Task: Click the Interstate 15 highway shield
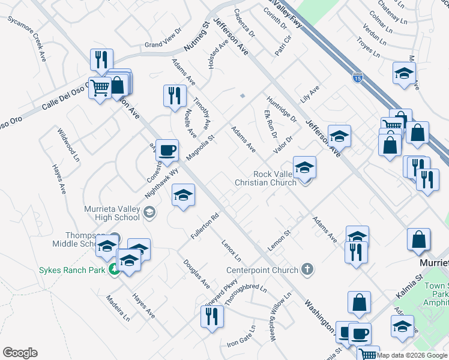click(x=357, y=77)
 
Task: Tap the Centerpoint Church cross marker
click(x=307, y=269)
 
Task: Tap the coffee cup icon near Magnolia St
click(x=167, y=149)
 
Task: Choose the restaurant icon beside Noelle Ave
click(x=175, y=95)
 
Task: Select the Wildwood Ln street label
click(x=68, y=145)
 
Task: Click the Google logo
click(x=20, y=353)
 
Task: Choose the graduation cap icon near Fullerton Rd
click(x=184, y=194)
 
